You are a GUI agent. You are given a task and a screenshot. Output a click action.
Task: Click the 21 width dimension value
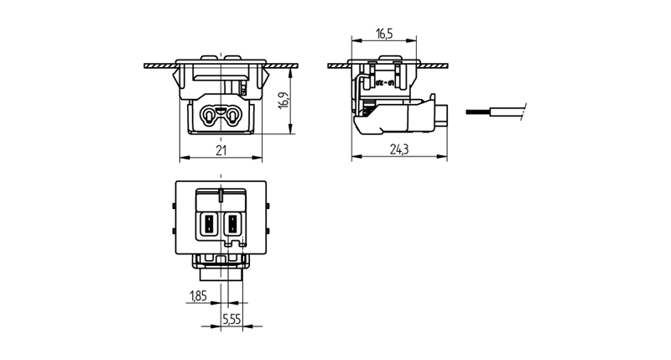tap(221, 150)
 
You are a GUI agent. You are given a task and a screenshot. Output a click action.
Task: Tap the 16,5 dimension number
tap(384, 34)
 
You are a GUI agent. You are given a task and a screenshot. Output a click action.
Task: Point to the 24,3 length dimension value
tap(398, 150)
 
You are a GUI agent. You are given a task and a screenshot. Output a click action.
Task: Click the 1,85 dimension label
tap(199, 295)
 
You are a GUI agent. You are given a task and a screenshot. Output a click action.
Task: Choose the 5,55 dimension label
tap(231, 320)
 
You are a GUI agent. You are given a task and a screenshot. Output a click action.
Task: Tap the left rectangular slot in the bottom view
tap(208, 224)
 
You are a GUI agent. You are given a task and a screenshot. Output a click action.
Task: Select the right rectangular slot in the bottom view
tap(232, 224)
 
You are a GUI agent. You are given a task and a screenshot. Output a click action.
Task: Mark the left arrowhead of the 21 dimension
tap(184, 158)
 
